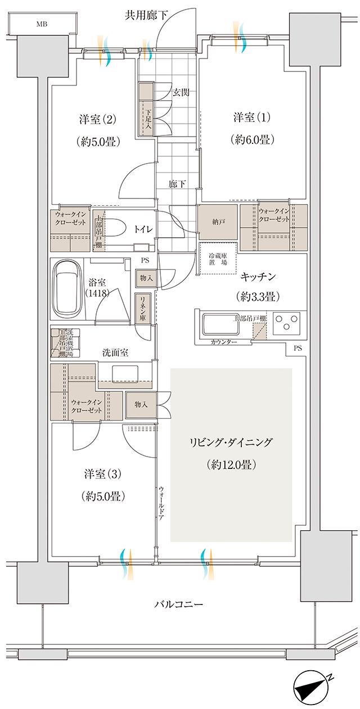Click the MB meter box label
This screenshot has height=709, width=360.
tap(42, 24)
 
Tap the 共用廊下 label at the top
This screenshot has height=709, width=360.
tap(146, 15)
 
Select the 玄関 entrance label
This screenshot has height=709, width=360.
tap(180, 92)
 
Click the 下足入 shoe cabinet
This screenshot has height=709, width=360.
tap(145, 109)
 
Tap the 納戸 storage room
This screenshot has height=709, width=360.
tap(218, 222)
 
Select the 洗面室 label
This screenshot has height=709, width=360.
tap(115, 353)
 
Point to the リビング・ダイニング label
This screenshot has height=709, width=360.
tap(231, 442)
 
